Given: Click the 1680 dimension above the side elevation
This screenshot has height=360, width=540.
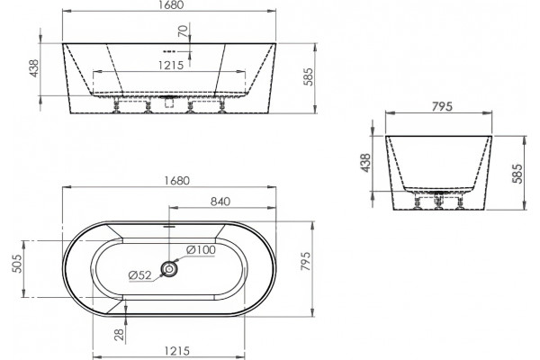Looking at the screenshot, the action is pyautogui.click(x=170, y=4).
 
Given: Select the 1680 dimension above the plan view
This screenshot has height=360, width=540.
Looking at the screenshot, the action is pyautogui.click(x=176, y=181).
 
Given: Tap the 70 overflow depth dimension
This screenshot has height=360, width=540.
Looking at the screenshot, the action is pyautogui.click(x=184, y=31).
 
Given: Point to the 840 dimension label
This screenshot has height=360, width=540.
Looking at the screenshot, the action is pyautogui.click(x=220, y=202).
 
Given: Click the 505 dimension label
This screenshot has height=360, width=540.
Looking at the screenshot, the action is pyautogui.click(x=17, y=264).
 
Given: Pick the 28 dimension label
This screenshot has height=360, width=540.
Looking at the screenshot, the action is pyautogui.click(x=119, y=335).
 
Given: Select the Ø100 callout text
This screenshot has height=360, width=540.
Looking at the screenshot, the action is pyautogui.click(x=201, y=250).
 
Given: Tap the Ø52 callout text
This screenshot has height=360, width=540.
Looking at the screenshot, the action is pyautogui.click(x=139, y=274).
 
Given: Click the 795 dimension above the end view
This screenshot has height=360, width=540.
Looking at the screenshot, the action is pyautogui.click(x=442, y=107).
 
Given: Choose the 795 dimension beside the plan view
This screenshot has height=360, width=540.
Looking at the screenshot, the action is pyautogui.click(x=305, y=261).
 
